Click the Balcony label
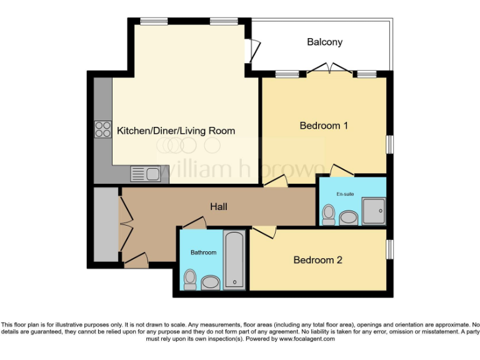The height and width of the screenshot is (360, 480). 324,42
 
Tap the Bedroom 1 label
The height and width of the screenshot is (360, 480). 324,126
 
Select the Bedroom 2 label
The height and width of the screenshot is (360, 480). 317,260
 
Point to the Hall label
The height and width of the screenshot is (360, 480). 217,206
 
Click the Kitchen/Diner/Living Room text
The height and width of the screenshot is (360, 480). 176,131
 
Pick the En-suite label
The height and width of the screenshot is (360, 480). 345,194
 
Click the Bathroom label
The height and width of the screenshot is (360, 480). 203,252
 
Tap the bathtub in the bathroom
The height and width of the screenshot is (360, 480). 234,260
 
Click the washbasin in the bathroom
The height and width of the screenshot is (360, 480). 211,282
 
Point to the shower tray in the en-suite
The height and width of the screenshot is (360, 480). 374,211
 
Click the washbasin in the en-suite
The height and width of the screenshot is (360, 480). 348,217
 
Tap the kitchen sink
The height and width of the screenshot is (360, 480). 145,172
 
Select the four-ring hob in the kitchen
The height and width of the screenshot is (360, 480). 102,128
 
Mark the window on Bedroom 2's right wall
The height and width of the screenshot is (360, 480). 389,249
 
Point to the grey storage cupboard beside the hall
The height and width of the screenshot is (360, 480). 105,225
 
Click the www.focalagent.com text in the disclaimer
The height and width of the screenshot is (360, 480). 306,339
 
